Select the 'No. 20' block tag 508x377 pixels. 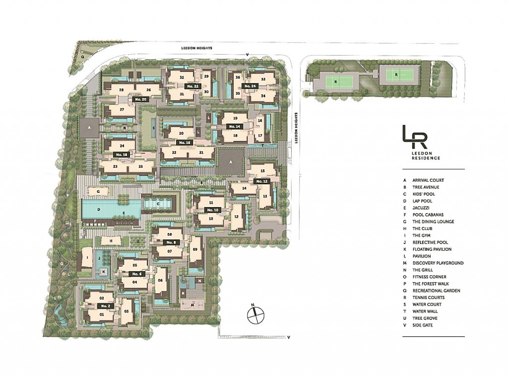141,99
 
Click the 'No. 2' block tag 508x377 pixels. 105,306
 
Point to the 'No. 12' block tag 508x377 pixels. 262,182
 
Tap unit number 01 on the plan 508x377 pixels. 102,315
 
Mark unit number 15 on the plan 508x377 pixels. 262,171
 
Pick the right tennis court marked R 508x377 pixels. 395,75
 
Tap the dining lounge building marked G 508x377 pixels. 99,191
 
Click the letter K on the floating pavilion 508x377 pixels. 104,272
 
